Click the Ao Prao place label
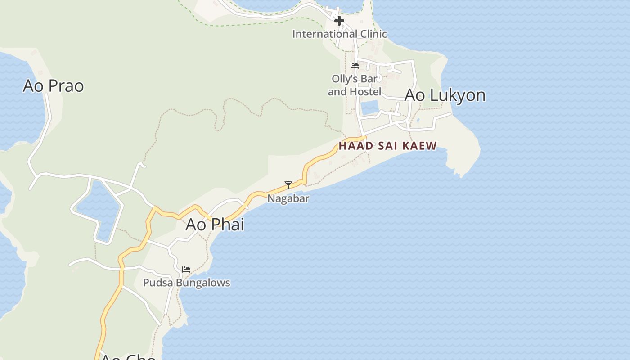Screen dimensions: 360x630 point(53,85)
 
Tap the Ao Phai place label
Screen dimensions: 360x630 point(215,224)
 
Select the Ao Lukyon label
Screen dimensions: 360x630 point(445,95)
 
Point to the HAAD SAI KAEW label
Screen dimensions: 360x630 point(387,146)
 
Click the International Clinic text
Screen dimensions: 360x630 point(339,34)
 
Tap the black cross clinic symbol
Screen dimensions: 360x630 point(339,21)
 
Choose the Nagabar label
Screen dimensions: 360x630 point(288,198)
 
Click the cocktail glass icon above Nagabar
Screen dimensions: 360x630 point(288,185)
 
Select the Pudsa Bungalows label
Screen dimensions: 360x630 point(186,283)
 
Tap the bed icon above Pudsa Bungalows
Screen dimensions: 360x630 point(186,270)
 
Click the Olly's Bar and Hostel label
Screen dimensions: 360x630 point(355,85)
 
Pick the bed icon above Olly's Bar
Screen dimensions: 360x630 point(355,66)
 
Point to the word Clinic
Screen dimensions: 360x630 point(370,34)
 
